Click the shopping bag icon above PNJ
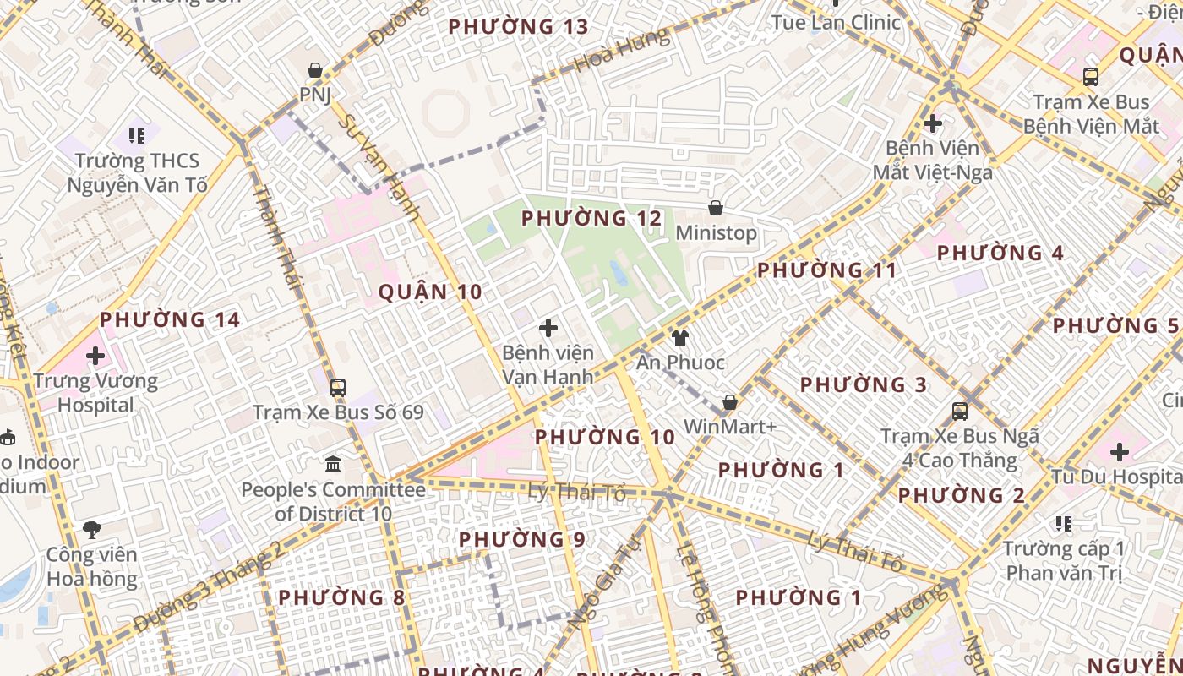[315, 69]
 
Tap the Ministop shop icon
[716, 207]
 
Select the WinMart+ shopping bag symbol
[729, 402]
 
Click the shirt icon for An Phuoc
[680, 338]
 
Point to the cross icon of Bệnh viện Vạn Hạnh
[548, 327]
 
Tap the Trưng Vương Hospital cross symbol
[95, 356]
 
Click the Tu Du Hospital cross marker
[1120, 451]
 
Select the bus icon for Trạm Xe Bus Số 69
[338, 388]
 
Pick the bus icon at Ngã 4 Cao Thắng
[960, 412]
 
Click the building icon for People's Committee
[333, 465]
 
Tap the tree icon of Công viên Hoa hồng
[92, 530]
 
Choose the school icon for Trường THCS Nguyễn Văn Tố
[137, 135]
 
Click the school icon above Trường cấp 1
[1064, 524]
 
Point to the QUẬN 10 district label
[430, 292]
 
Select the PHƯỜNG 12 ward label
[591, 219]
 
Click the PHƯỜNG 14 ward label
[170, 320]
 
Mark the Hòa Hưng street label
[620, 51]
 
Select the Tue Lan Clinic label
[837, 22]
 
